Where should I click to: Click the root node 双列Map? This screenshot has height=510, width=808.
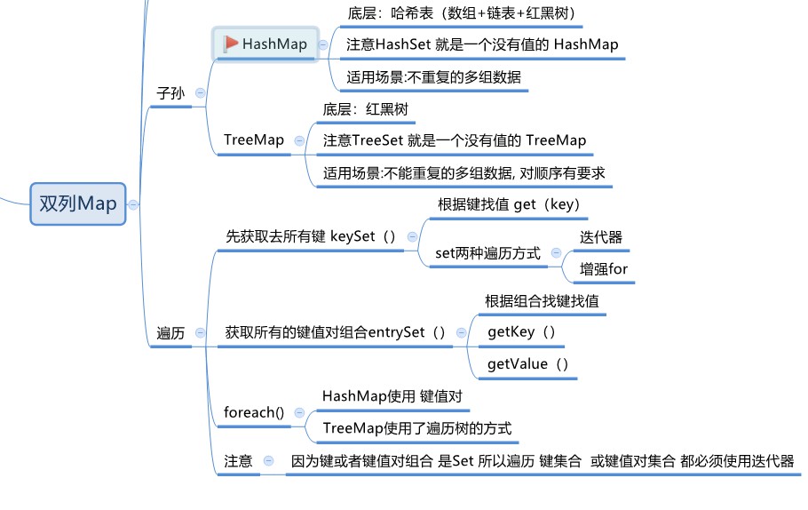78,203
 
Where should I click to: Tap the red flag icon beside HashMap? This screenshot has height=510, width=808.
231,43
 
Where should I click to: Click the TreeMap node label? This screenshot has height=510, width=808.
254,140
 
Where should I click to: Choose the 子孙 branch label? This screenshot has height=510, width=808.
170,92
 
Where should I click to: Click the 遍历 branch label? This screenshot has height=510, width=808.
170,333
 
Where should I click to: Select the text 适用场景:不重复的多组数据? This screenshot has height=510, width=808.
434,76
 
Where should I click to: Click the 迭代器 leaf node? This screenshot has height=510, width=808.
601,237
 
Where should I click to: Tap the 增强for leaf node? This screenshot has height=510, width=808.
604,268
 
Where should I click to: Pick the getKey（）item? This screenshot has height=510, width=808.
522,331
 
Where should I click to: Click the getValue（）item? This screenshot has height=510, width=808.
528,363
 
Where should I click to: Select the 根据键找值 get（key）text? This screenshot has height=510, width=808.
509,204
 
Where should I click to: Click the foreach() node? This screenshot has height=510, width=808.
254,412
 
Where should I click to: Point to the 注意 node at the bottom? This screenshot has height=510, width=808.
238,461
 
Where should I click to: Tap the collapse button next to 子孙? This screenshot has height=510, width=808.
201,92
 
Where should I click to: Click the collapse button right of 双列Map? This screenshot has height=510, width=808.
133,203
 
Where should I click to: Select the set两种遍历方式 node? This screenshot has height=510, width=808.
487,253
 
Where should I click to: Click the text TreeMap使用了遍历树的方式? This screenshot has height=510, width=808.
417,428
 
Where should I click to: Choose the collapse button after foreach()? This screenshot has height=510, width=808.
298,412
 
